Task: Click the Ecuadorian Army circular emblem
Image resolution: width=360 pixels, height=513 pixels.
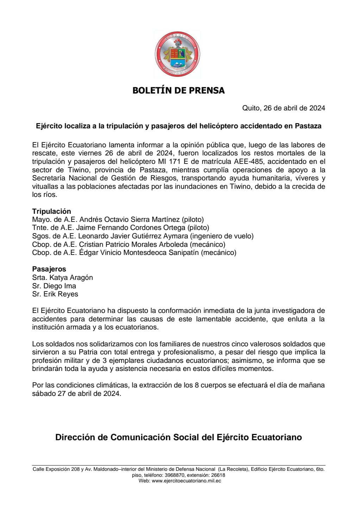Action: [177, 54]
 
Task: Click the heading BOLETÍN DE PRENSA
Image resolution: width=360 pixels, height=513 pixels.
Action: [178, 90]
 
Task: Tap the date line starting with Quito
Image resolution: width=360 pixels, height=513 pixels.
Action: [283, 108]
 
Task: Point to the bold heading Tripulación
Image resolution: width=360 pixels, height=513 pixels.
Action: [51, 211]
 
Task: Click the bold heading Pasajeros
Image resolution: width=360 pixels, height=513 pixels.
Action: [49, 269]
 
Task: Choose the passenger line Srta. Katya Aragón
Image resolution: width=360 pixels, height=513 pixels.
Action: [62, 277]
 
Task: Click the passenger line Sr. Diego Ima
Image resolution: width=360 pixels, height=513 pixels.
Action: [54, 286]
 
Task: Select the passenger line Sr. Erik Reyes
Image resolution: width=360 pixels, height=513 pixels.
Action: [55, 294]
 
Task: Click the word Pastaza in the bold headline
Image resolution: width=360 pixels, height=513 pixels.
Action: [308, 126]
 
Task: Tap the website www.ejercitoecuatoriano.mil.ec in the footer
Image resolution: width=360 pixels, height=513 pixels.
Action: [186, 481]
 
